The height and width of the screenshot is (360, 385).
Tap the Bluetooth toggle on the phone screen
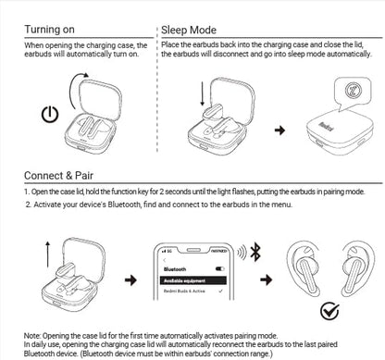220,265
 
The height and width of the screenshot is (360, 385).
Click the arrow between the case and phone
131,279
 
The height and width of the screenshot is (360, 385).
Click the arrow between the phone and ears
266,279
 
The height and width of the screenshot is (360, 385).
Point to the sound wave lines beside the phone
242,252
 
